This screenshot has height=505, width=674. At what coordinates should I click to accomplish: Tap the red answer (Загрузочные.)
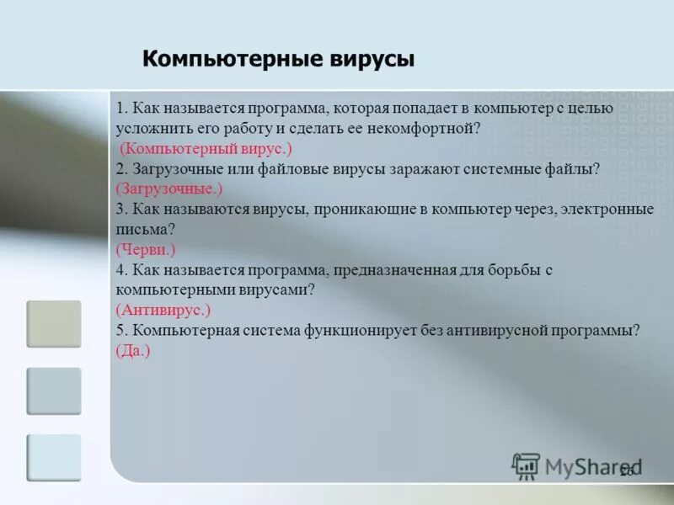click(168, 189)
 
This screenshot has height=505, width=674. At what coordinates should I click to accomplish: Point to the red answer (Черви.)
click(146, 249)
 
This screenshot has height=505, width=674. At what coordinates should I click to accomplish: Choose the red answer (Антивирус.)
click(163, 309)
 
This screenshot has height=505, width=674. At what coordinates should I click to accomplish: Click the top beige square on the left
click(54, 324)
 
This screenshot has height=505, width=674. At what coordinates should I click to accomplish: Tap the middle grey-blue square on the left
click(54, 391)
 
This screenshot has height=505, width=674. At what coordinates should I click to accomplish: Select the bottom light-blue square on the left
click(54, 457)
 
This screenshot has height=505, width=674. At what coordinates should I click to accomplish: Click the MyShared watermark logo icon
click(527, 465)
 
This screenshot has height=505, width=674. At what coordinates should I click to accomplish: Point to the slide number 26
click(626, 473)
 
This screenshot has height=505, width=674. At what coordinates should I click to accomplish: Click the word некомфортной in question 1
click(430, 129)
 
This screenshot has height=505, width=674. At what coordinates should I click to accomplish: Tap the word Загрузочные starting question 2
click(174, 169)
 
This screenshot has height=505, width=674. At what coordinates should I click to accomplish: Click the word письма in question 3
click(142, 229)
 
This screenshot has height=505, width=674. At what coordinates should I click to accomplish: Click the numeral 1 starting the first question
click(120, 109)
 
